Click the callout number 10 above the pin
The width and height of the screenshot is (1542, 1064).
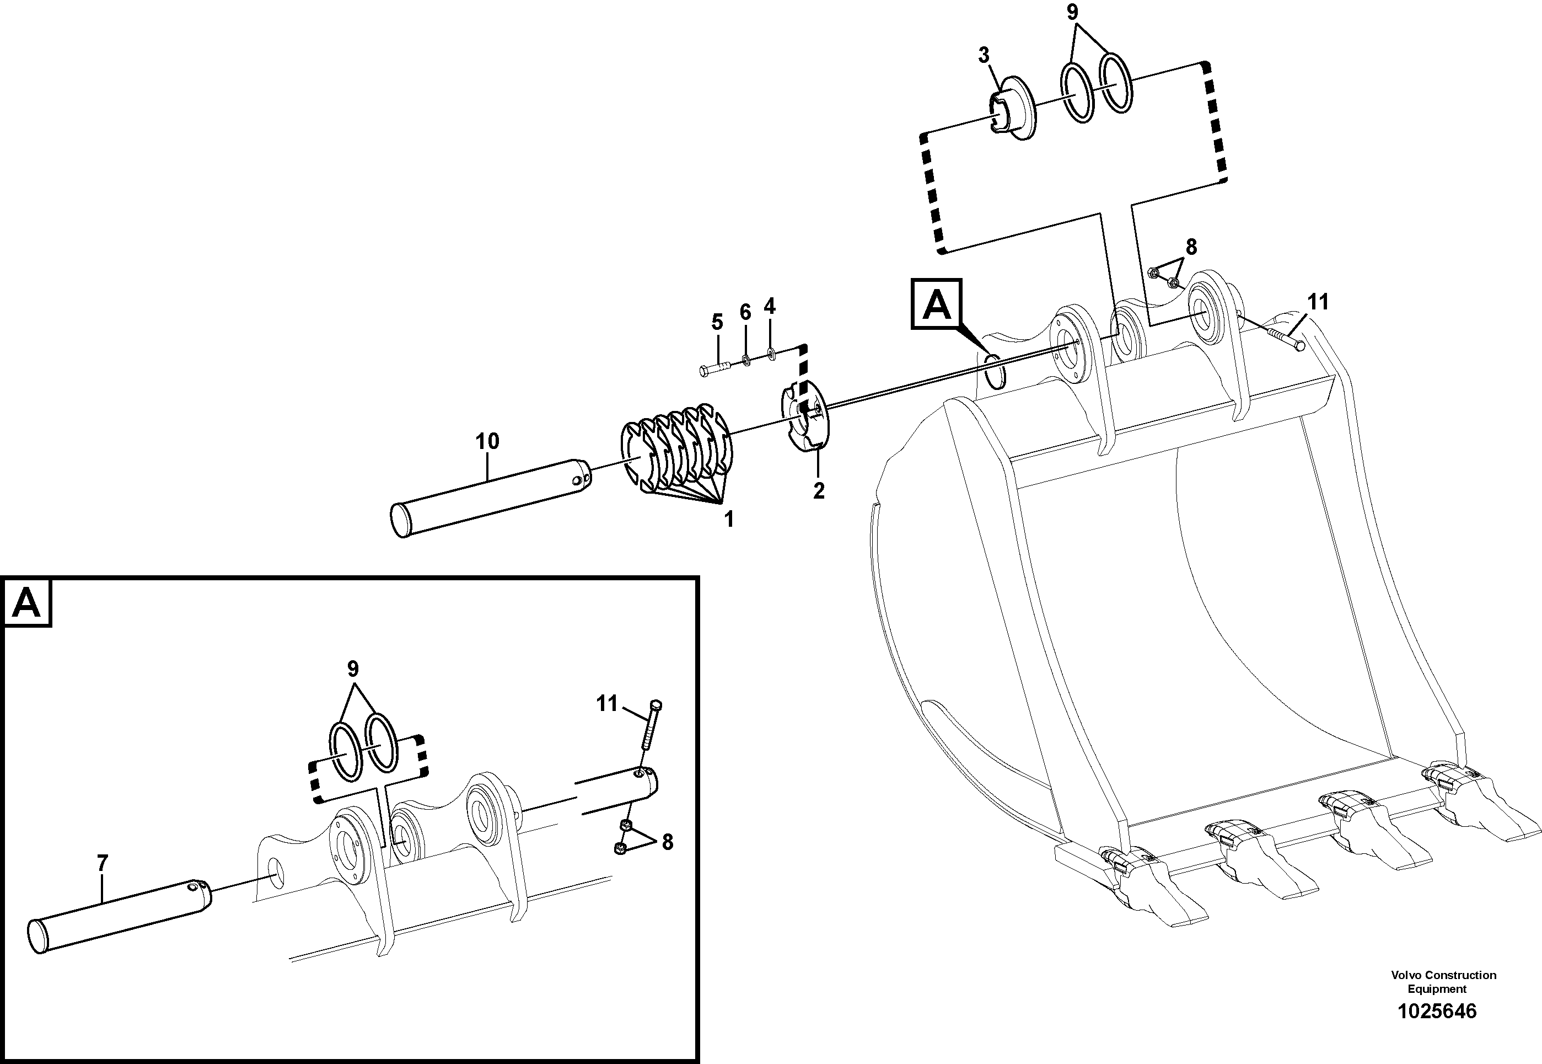(487, 441)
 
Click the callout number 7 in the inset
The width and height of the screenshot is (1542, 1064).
(101, 863)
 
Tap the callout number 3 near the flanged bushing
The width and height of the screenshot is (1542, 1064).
(984, 55)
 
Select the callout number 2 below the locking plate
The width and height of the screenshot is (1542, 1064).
(818, 491)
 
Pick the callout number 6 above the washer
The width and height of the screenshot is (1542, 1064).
(745, 311)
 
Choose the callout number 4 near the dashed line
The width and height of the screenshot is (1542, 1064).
(770, 306)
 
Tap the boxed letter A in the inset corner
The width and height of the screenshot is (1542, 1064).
(26, 603)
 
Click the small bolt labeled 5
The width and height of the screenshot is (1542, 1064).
(716, 367)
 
